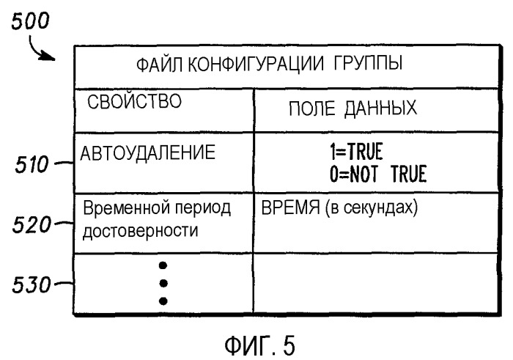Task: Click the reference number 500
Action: [30, 21]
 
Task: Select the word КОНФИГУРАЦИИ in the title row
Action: [256, 64]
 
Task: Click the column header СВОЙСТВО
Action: [134, 100]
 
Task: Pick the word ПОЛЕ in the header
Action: [311, 109]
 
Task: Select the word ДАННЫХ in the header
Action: [381, 108]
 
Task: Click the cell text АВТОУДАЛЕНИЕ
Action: [147, 153]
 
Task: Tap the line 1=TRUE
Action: [356, 152]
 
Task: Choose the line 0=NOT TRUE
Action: [378, 174]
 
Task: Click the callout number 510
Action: [32, 164]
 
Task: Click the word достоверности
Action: [141, 231]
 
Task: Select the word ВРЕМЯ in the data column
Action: [290, 207]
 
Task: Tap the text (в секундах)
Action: [372, 207]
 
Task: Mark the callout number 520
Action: [32, 225]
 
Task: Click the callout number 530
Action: [32, 284]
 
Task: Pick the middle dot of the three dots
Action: [163, 283]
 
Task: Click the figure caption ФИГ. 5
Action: [260, 345]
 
